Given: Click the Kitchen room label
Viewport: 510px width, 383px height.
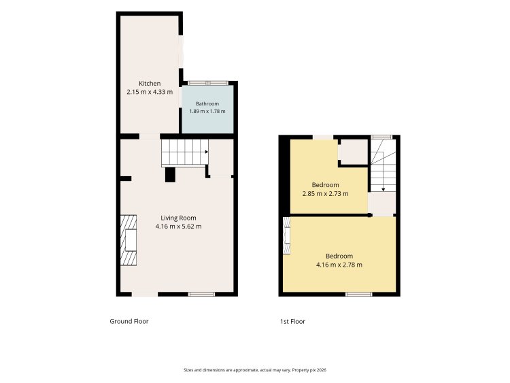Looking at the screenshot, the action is (150, 83).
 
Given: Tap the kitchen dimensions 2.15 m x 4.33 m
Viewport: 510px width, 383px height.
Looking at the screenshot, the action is (150, 92).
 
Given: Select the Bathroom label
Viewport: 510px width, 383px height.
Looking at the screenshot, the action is (207, 103).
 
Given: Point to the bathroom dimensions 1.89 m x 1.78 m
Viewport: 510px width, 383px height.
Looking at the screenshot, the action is (207, 111).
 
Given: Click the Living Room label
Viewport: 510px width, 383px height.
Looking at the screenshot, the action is (178, 218).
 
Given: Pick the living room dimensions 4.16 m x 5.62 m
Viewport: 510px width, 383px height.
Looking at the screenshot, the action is (178, 226).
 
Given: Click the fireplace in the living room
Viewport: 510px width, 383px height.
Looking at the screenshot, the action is (129, 240).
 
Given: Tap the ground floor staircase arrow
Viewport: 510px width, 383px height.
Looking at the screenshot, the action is (206, 152).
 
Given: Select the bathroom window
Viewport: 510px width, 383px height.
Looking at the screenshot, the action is (207, 83).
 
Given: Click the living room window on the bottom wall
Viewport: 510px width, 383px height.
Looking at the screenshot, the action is (201, 294).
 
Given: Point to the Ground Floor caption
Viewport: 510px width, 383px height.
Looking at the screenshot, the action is (129, 321).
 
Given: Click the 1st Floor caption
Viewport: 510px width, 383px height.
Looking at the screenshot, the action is (292, 322).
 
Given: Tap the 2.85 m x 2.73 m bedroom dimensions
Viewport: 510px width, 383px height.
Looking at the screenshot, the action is (325, 194).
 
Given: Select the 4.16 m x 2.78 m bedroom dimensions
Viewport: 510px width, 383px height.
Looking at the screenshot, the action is (339, 265).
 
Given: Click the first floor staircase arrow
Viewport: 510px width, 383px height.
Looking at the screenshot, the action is (383, 189).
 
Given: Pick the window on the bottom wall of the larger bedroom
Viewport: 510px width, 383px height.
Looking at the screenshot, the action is (359, 294).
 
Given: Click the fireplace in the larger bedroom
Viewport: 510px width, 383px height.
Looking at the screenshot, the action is (286, 235).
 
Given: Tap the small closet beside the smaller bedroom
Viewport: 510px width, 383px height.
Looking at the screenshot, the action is (353, 152).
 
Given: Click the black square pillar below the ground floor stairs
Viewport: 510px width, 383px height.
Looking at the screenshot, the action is (170, 175).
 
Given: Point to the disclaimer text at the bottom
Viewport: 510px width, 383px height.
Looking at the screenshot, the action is (255, 370).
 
